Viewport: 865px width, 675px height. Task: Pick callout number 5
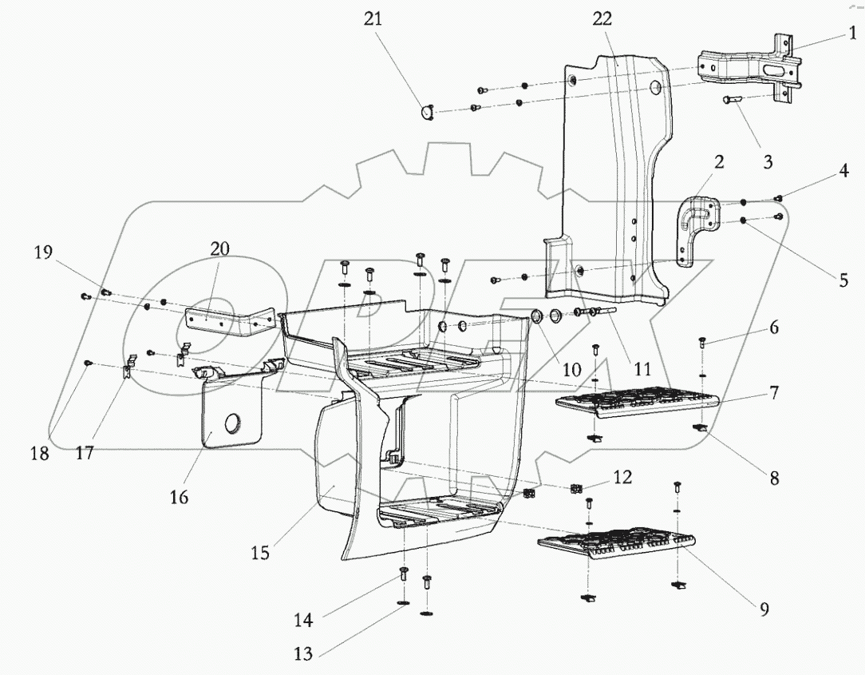[x=843, y=281]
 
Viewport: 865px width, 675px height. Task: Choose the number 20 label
[x=219, y=248]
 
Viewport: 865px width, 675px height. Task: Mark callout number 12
[x=622, y=478]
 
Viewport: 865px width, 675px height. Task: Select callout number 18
[x=40, y=453]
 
